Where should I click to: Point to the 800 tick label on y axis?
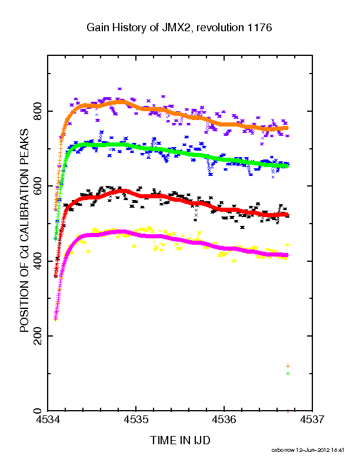tap(38, 111)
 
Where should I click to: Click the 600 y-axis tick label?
tap(38, 186)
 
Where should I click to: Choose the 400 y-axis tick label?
tap(38, 261)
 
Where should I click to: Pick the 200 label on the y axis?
tap(38, 336)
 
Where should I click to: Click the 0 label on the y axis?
tap(38, 411)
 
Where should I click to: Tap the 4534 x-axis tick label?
tap(48, 420)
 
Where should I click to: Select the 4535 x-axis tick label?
tap(136, 420)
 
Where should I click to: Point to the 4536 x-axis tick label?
tap(224, 420)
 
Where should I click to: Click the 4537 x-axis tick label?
tap(312, 420)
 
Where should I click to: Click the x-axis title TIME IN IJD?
tap(180, 440)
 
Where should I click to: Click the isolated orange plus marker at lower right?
tap(288, 366)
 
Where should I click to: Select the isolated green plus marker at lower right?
tap(288, 373)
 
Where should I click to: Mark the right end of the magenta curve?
tap(287, 255)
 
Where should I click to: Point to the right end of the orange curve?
tap(287, 128)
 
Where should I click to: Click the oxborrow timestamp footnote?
tap(308, 450)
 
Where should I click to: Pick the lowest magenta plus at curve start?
tap(55, 319)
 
